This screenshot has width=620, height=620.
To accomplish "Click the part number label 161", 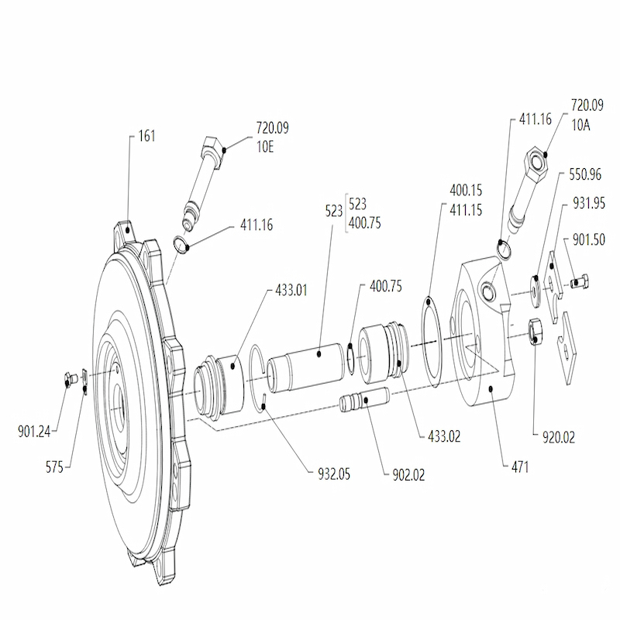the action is [x=146, y=136].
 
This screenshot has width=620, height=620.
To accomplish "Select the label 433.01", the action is [x=291, y=290].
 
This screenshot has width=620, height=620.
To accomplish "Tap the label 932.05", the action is [x=334, y=474].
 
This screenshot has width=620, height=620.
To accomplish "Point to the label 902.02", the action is [x=408, y=475].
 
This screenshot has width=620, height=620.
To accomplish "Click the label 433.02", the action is [x=444, y=436].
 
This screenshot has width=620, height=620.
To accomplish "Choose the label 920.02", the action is [x=558, y=437].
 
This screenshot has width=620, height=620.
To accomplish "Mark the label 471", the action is [x=520, y=467].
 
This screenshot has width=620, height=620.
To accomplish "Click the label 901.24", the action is [x=34, y=432].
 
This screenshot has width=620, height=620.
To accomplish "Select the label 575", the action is [x=54, y=467].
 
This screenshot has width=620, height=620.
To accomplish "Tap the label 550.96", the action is [x=585, y=174].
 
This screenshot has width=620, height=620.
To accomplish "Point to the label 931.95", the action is [x=589, y=203].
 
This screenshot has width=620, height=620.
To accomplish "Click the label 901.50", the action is [x=589, y=239].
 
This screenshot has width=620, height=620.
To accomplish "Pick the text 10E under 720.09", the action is [x=265, y=147].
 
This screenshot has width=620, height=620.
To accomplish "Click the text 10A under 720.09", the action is [x=580, y=125].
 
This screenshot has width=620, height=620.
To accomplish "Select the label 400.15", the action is [x=466, y=191].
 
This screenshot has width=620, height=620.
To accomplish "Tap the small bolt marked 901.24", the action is [x=70, y=381].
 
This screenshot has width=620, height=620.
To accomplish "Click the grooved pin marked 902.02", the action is [x=364, y=399].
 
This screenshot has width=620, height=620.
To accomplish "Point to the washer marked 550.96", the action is [x=536, y=292].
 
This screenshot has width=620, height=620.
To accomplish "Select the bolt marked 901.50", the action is [x=580, y=281].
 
